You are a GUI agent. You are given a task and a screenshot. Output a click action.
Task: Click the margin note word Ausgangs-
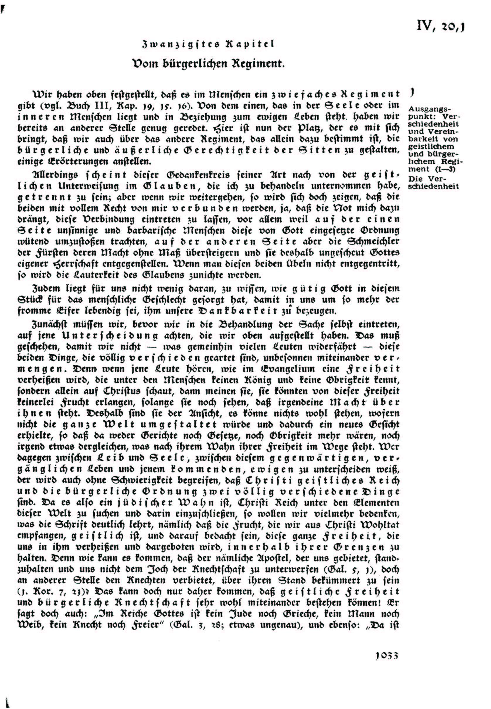point(429,110)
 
